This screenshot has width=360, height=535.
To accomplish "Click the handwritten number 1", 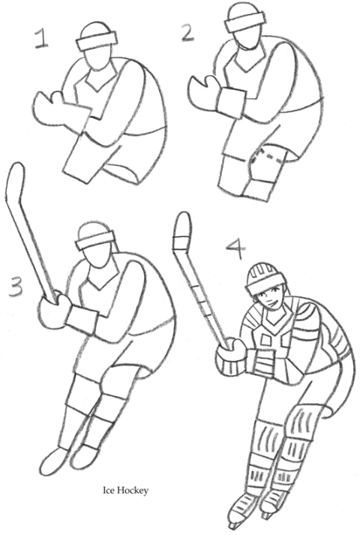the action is click(41, 38).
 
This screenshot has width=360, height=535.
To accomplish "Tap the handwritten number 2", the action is click(187, 34).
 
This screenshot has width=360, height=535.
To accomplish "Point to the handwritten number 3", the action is click(15, 287).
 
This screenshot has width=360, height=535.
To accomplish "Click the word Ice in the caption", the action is click(109, 491).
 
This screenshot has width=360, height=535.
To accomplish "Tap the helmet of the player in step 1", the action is click(96, 37).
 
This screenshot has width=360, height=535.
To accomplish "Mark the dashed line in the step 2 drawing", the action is click(273, 155).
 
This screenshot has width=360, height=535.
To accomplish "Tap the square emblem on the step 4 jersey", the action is click(265, 339).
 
